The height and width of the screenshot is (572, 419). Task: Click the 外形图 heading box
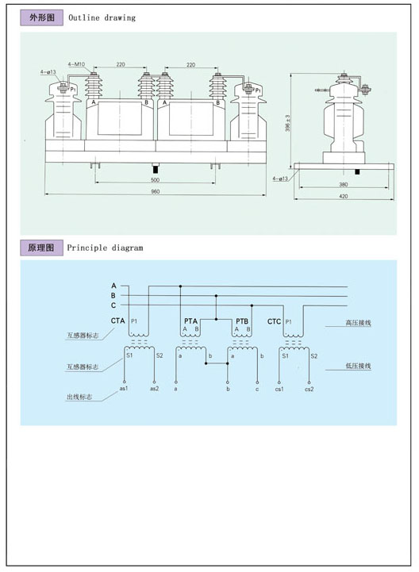42,17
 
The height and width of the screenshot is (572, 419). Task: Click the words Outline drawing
102,17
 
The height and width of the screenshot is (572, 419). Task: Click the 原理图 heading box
42,248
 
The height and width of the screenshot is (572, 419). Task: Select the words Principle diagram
106,248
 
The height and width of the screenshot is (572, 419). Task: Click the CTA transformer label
117,321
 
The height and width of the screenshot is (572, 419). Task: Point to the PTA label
190,321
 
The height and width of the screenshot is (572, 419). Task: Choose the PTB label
242,321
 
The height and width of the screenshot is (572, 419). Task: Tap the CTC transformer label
274,321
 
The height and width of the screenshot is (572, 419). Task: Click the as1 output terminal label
124,389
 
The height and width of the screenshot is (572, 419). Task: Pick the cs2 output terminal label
308,389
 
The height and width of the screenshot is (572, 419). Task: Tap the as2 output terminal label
154,389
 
